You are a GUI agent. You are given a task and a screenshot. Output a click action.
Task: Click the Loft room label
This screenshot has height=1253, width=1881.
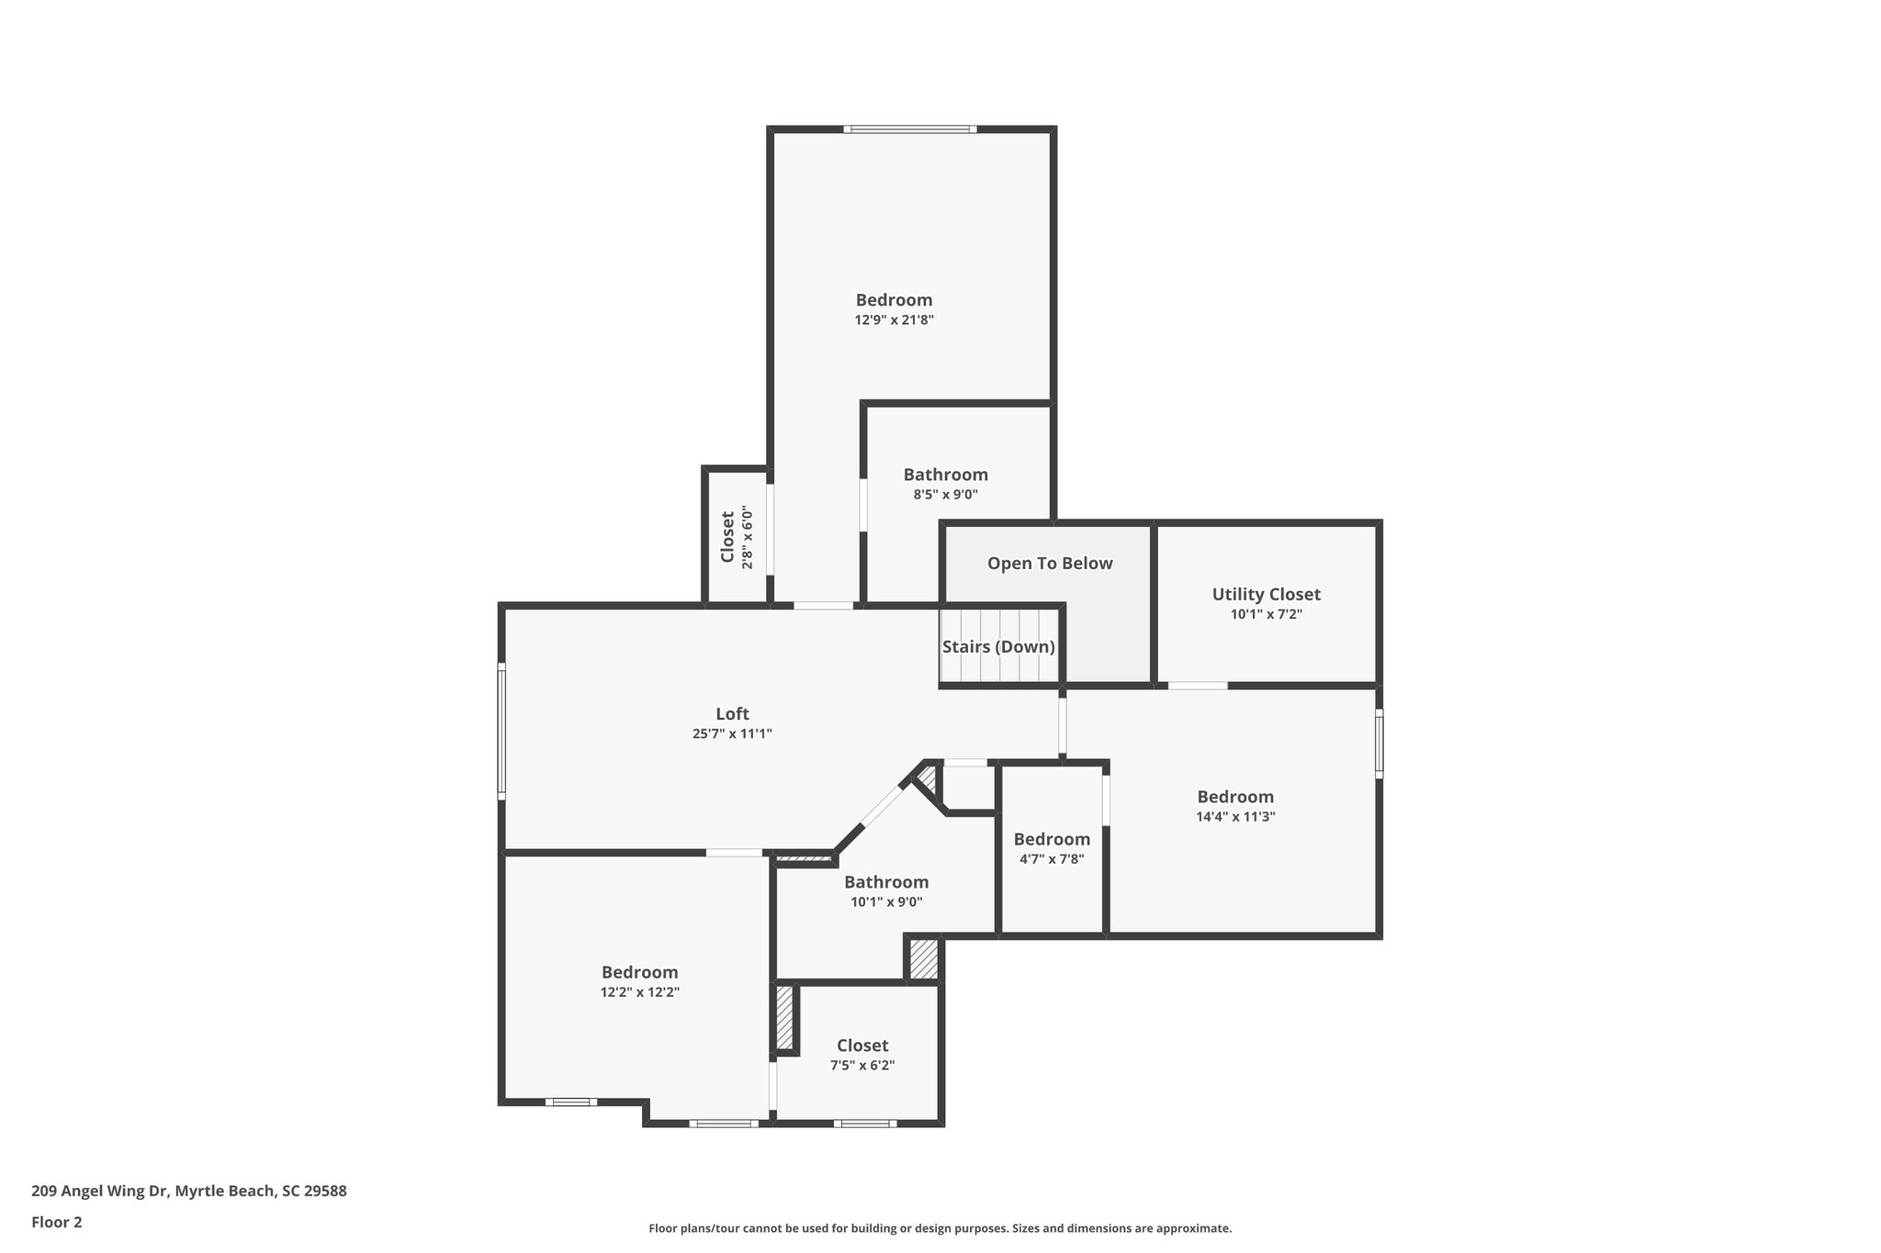click(x=732, y=713)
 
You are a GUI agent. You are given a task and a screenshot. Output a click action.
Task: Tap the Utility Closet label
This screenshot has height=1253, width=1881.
click(x=1266, y=594)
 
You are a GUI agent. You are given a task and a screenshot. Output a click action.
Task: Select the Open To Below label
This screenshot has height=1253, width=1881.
click(x=1050, y=563)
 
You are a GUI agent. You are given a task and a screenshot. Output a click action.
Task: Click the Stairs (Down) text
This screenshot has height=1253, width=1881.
click(x=998, y=646)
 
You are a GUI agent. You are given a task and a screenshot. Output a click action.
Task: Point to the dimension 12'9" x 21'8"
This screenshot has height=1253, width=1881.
click(x=894, y=320)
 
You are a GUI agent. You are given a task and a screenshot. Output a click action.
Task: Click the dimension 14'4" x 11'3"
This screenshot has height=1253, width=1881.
click(x=1235, y=816)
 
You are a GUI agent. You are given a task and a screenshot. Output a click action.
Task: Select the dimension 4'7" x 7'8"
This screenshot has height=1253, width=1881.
click(x=1052, y=859)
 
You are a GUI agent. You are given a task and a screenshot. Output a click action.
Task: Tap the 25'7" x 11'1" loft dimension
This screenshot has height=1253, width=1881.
click(x=732, y=733)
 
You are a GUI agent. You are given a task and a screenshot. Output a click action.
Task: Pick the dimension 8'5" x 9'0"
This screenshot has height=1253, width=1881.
click(x=945, y=495)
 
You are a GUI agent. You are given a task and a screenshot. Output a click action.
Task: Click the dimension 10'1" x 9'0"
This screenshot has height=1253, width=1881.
click(x=886, y=902)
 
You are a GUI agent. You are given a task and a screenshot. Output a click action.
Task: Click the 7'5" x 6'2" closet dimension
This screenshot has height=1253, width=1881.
click(x=862, y=1066)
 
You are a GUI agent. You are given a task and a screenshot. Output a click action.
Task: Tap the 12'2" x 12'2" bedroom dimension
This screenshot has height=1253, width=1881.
click(x=639, y=992)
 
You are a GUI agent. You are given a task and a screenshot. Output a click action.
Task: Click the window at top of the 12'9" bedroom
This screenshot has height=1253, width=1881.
click(x=909, y=129)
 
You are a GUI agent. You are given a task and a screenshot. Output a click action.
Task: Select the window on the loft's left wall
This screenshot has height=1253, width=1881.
click(x=501, y=731)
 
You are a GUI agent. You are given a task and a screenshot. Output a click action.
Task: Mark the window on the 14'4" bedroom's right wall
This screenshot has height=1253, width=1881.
click(x=1379, y=744)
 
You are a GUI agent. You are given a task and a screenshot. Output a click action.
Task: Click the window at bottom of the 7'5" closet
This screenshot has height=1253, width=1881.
click(x=864, y=1124)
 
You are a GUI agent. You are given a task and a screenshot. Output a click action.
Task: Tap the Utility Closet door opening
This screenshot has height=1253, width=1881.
click(x=1198, y=686)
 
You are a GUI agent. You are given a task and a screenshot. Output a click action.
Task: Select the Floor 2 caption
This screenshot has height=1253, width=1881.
click(x=57, y=1222)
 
